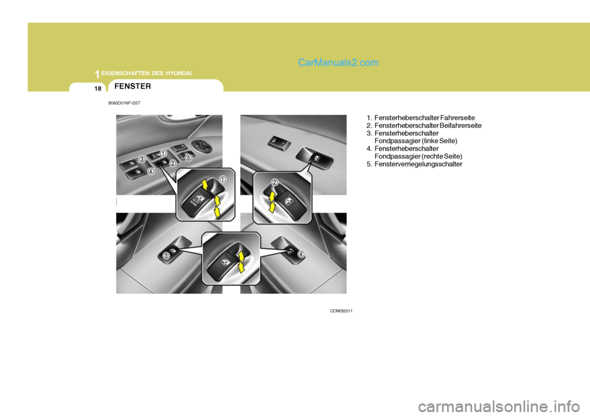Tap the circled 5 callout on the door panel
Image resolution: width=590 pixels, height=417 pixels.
188,158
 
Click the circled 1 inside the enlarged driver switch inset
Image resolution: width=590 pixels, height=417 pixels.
222,178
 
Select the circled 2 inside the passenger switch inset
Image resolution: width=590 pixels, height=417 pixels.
275,182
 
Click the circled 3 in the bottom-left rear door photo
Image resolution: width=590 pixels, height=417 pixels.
166,255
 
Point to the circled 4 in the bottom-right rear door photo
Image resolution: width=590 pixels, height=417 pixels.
302,253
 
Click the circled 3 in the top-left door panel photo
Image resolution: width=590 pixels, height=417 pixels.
141,159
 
